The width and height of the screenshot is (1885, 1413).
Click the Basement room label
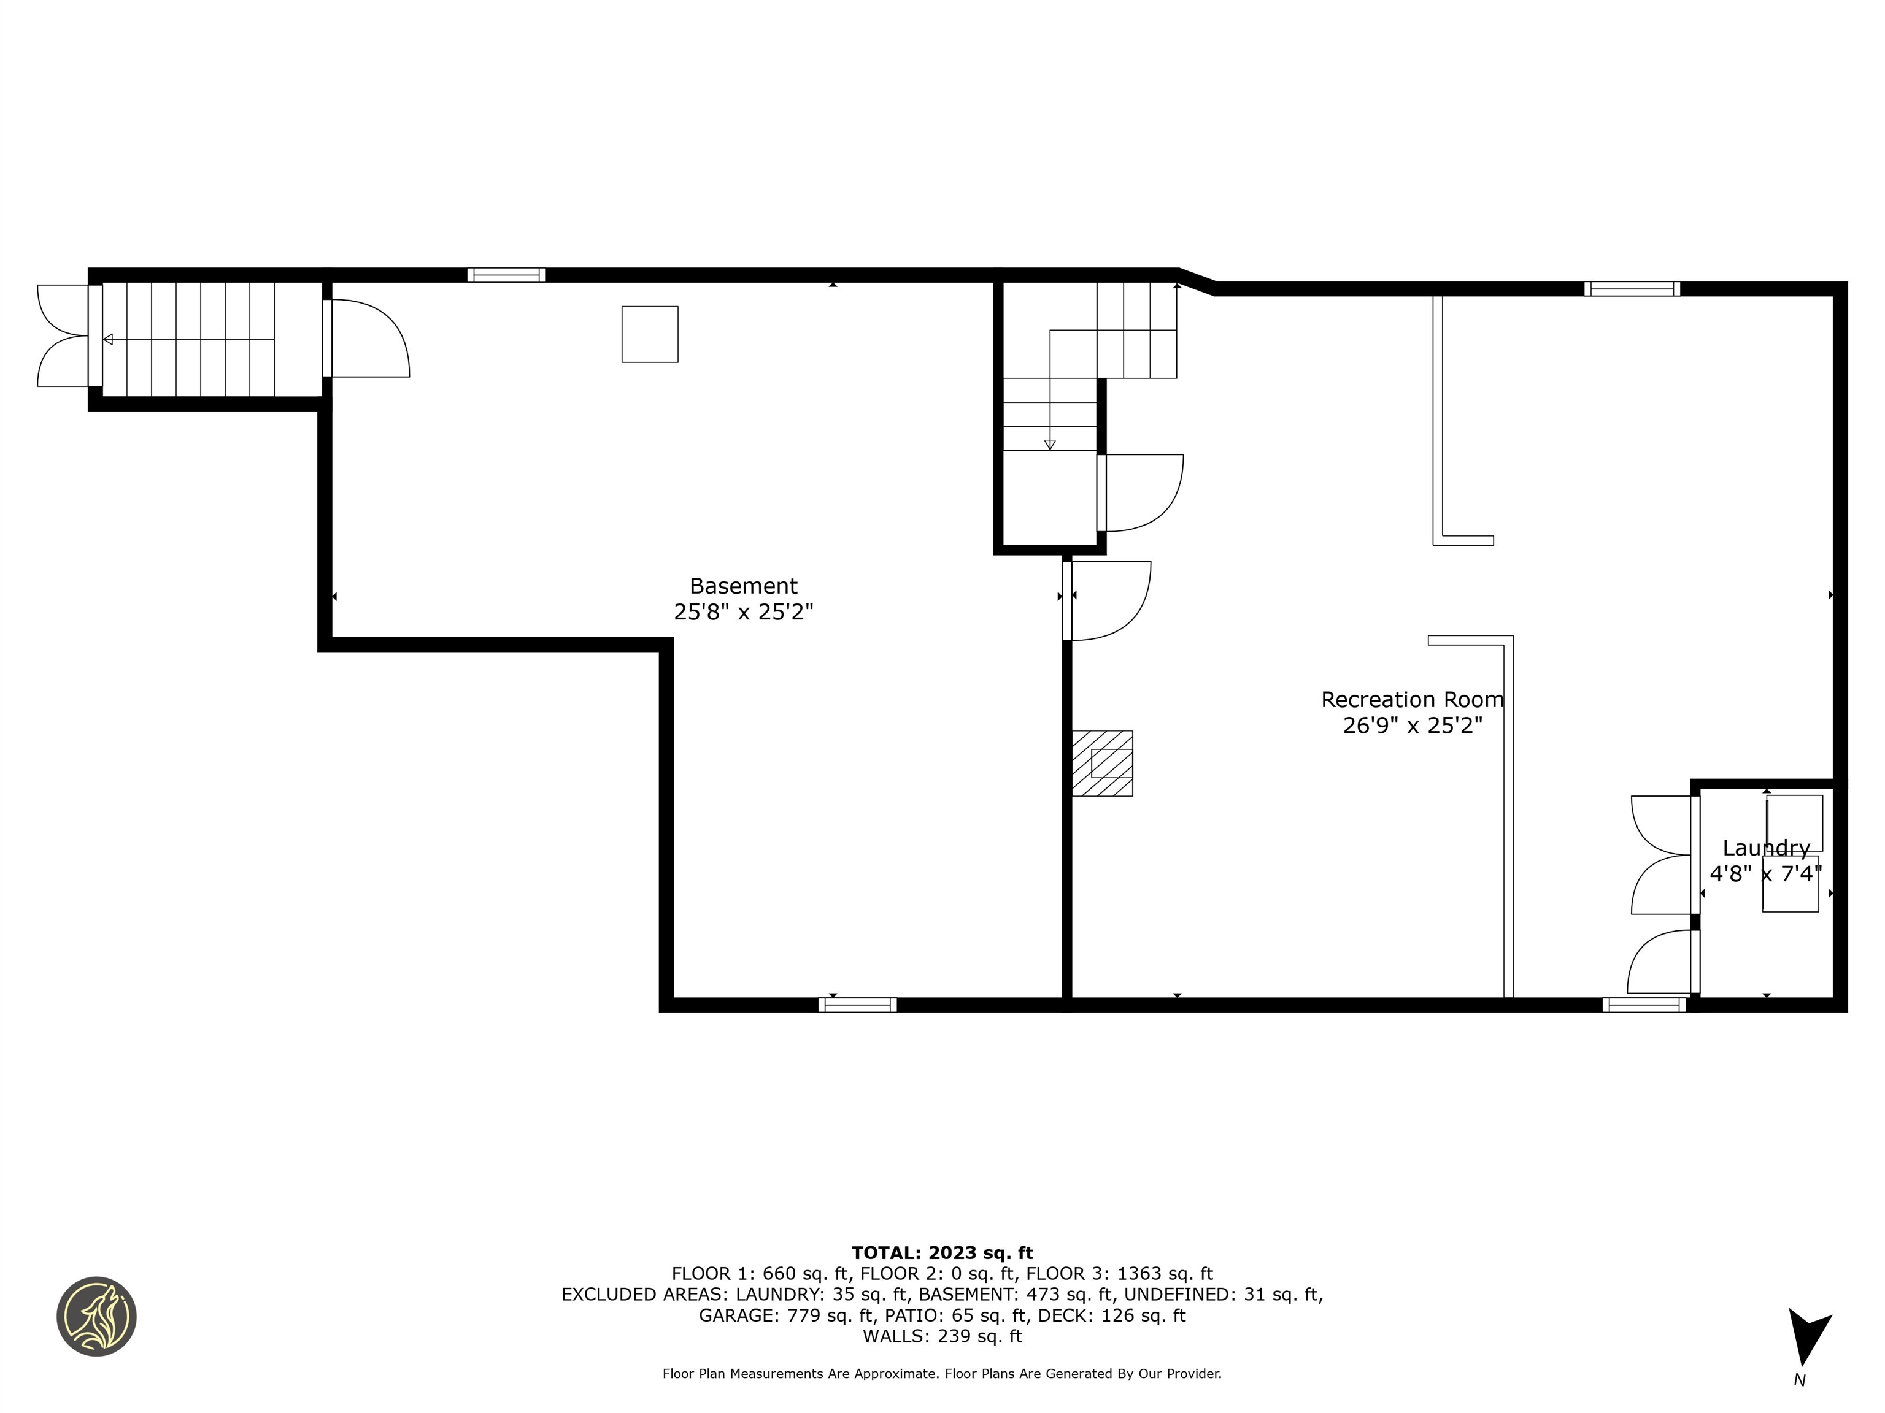tap(743, 586)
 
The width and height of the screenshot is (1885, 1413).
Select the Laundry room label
tap(1766, 848)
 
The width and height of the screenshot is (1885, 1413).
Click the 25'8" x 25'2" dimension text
tap(743, 611)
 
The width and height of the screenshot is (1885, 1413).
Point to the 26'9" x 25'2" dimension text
tap(1412, 726)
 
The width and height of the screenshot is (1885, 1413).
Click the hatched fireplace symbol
tap(1102, 763)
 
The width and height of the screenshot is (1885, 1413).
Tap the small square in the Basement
tap(649, 334)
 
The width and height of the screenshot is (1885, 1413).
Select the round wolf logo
tap(96, 1316)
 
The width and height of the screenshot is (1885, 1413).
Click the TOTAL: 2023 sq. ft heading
tap(942, 1253)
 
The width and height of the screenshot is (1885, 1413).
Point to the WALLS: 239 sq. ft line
tap(942, 1336)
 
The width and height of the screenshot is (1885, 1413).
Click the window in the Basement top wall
tap(506, 274)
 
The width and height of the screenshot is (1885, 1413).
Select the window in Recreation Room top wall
tap(1631, 289)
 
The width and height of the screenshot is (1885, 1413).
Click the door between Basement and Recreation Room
tap(1108, 600)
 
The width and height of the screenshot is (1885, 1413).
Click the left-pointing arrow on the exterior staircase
tap(108, 339)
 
